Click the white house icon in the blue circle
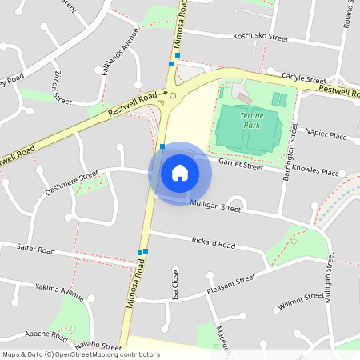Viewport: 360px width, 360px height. pyautogui.click(x=180, y=173)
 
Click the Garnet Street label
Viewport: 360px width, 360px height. pyautogui.click(x=240, y=166)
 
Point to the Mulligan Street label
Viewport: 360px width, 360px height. pyautogui.click(x=215, y=207)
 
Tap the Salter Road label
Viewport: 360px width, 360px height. pyautogui.click(x=35, y=250)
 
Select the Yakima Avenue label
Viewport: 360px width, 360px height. pyautogui.click(x=59, y=292)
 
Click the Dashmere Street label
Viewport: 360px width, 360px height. pyautogui.click(x=71, y=183)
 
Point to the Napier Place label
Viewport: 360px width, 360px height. pyautogui.click(x=327, y=137)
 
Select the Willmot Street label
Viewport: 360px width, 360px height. pyautogui.click(x=301, y=300)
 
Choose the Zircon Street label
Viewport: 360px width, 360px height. pyautogui.click(x=61, y=87)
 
